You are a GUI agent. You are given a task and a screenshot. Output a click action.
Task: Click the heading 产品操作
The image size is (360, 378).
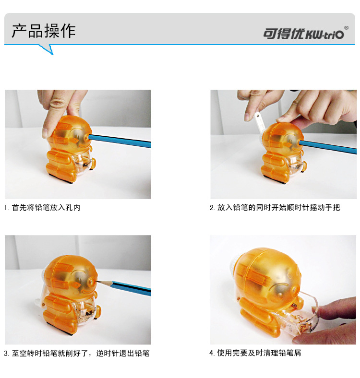(44, 31)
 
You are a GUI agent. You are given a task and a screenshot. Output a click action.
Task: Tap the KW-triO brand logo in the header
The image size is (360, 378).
(303, 34)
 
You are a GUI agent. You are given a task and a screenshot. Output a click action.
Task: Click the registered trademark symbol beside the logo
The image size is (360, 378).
(346, 28)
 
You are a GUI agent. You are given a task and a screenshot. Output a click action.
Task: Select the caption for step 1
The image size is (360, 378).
(42, 208)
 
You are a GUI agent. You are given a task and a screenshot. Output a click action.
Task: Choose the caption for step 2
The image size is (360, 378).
(275, 208)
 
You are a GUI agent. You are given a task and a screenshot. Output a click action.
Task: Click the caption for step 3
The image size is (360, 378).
(77, 354)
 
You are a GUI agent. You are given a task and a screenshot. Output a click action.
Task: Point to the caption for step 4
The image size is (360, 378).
(255, 353)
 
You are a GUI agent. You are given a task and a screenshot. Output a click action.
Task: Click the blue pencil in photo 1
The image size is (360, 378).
(121, 140)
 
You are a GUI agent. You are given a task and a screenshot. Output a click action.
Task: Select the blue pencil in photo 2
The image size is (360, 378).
(328, 146)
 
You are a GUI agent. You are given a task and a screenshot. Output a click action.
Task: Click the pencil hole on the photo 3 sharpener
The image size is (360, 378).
(92, 280)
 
